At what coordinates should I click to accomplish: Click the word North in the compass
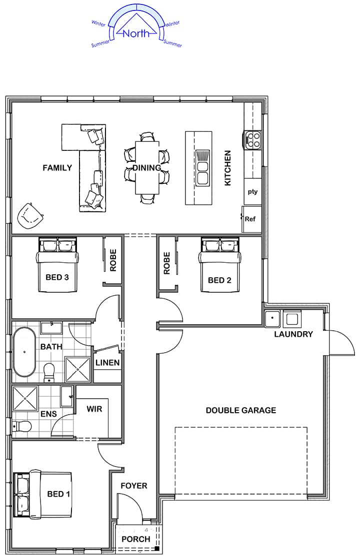click(x=136, y=33)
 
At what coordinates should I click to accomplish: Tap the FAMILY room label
click(x=57, y=168)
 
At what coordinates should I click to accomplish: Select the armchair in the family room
click(x=30, y=216)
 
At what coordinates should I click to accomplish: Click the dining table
click(x=147, y=167)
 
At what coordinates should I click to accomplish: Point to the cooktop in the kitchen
click(x=252, y=139)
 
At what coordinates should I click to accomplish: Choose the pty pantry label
click(x=252, y=191)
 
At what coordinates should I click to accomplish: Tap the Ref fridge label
click(x=250, y=219)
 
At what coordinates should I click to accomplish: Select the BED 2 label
click(x=219, y=280)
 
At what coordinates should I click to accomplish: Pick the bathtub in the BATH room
click(x=24, y=353)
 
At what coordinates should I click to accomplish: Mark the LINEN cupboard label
click(x=107, y=363)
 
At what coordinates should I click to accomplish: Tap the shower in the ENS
click(x=25, y=399)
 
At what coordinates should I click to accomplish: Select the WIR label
click(x=94, y=409)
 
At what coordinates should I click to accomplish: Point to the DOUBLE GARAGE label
click(x=240, y=410)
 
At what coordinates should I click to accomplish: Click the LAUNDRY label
click(x=293, y=334)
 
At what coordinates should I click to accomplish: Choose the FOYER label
click(x=133, y=486)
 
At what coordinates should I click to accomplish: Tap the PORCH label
click(x=135, y=539)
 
